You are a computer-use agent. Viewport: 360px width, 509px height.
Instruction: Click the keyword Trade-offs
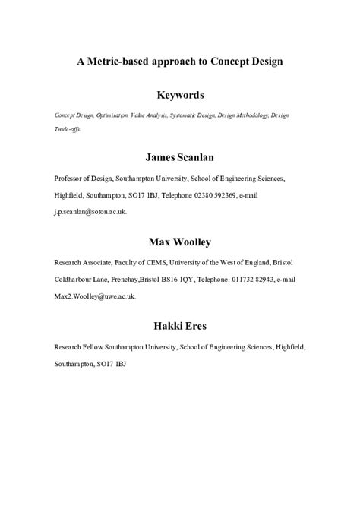click(x=67, y=129)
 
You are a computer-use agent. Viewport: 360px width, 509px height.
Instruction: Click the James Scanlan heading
click(x=180, y=158)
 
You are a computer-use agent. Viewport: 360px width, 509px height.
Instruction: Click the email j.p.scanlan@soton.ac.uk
click(x=90, y=212)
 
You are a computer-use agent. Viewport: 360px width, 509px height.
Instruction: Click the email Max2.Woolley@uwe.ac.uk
click(x=94, y=296)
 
